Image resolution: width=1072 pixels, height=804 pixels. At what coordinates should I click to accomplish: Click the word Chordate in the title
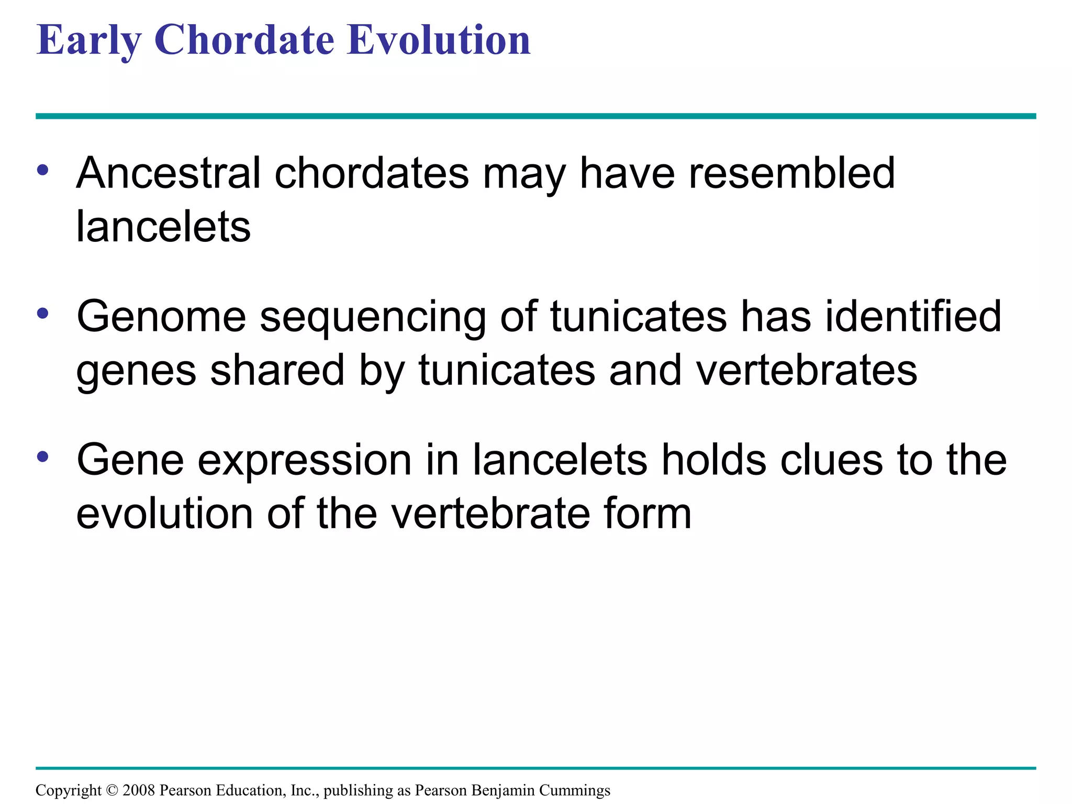(x=244, y=40)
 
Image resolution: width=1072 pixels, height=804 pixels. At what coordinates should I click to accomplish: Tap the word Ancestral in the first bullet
(x=168, y=173)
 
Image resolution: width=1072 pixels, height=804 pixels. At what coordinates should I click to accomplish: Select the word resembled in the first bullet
(x=792, y=173)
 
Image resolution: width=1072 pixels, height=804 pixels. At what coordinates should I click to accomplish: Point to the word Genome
(x=161, y=317)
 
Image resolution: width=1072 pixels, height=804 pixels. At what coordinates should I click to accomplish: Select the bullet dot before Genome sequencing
(x=43, y=314)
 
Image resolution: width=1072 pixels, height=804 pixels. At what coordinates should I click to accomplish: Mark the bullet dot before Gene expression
(x=43, y=457)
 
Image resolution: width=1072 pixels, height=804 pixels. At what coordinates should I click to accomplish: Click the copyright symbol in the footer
(x=112, y=790)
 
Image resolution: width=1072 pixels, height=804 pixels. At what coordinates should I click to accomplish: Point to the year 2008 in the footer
(x=139, y=790)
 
